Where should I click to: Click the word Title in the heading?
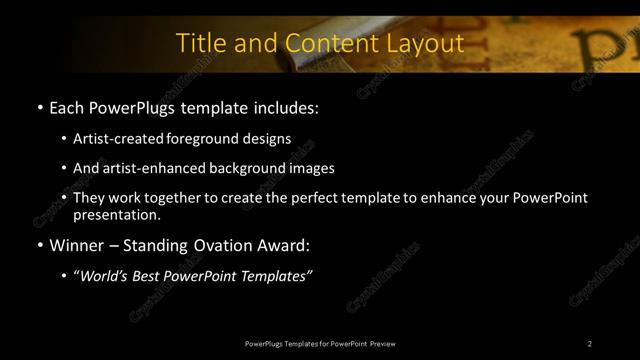(198, 43)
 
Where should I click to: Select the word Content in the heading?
(328, 43)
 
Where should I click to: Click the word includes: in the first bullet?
(285, 106)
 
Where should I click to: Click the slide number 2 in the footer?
(590, 343)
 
